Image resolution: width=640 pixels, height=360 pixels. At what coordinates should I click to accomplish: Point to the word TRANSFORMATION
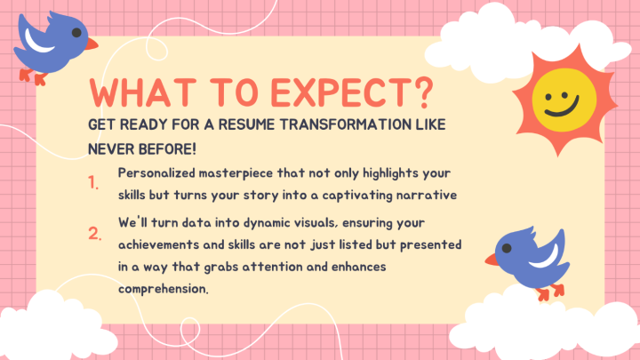(x=345, y=124)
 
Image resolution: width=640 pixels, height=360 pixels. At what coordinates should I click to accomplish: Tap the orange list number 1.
(x=93, y=182)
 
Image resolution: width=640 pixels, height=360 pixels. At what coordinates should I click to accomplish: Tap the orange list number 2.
(x=95, y=234)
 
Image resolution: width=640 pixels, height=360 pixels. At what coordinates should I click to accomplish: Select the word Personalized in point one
(x=156, y=172)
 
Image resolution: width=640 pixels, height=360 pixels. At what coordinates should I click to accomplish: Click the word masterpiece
(x=236, y=173)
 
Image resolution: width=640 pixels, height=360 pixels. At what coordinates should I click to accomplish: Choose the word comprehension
(x=164, y=289)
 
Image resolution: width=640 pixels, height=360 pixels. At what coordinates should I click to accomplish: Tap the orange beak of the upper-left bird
(x=92, y=44)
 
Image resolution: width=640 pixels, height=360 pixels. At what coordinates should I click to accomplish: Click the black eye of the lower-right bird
(x=507, y=248)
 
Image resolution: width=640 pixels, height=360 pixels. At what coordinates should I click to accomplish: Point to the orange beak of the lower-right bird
(x=492, y=260)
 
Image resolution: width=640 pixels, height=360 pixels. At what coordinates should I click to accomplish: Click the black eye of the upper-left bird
(x=76, y=33)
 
